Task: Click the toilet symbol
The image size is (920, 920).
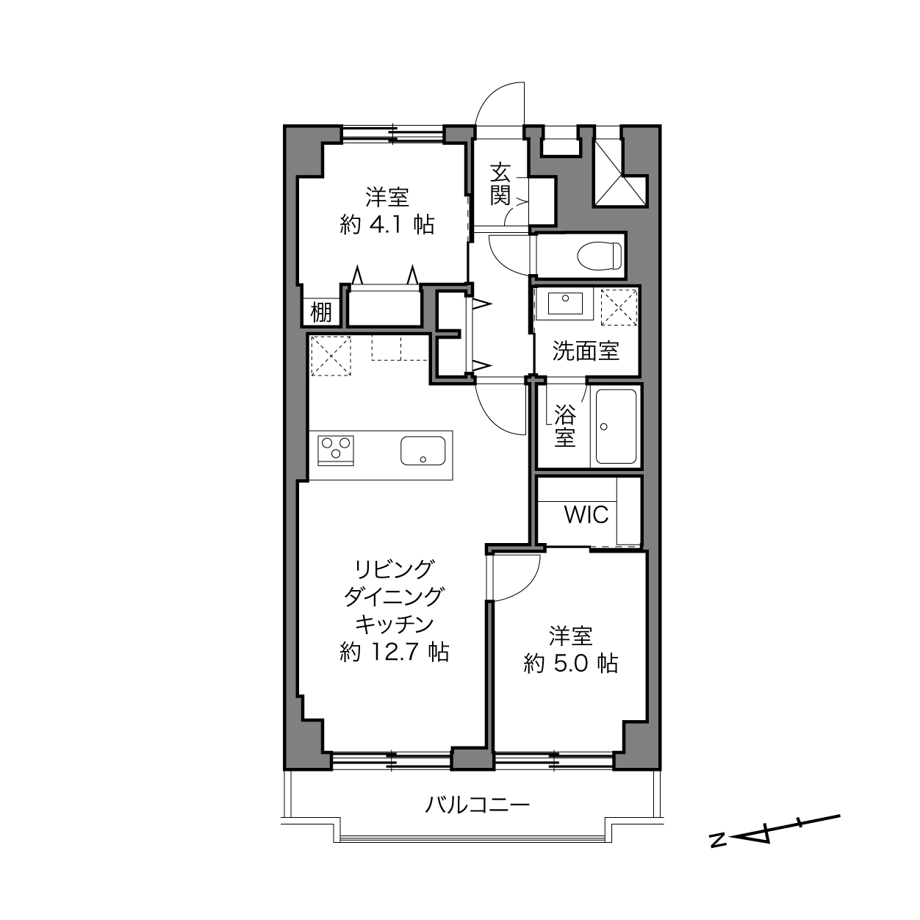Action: click(x=600, y=256)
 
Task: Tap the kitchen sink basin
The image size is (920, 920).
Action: click(x=423, y=450)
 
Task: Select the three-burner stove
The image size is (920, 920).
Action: click(x=336, y=450)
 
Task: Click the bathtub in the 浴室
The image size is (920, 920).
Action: click(x=616, y=426)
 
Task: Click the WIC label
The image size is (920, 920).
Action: click(x=586, y=514)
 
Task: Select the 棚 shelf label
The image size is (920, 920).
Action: click(x=321, y=313)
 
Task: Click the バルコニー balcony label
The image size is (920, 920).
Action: click(x=478, y=805)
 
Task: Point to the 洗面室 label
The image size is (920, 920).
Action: click(x=586, y=351)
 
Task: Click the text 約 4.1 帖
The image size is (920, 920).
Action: click(x=387, y=224)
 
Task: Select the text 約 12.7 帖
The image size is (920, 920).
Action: click(x=395, y=653)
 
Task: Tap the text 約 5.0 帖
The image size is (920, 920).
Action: click(x=571, y=664)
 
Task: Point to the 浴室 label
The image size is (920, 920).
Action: click(x=565, y=426)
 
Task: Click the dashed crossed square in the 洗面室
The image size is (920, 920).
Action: click(x=619, y=307)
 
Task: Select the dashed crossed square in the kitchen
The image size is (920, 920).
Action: click(x=331, y=356)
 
